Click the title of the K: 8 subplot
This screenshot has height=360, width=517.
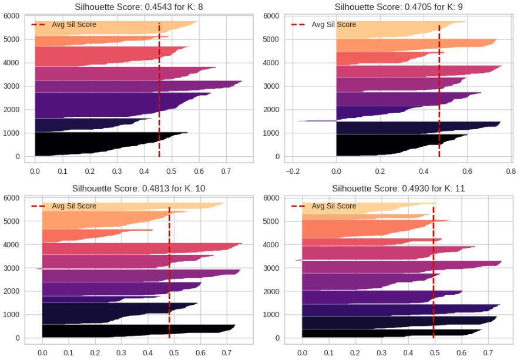[138, 6]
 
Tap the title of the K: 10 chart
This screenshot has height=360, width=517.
[138, 189]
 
